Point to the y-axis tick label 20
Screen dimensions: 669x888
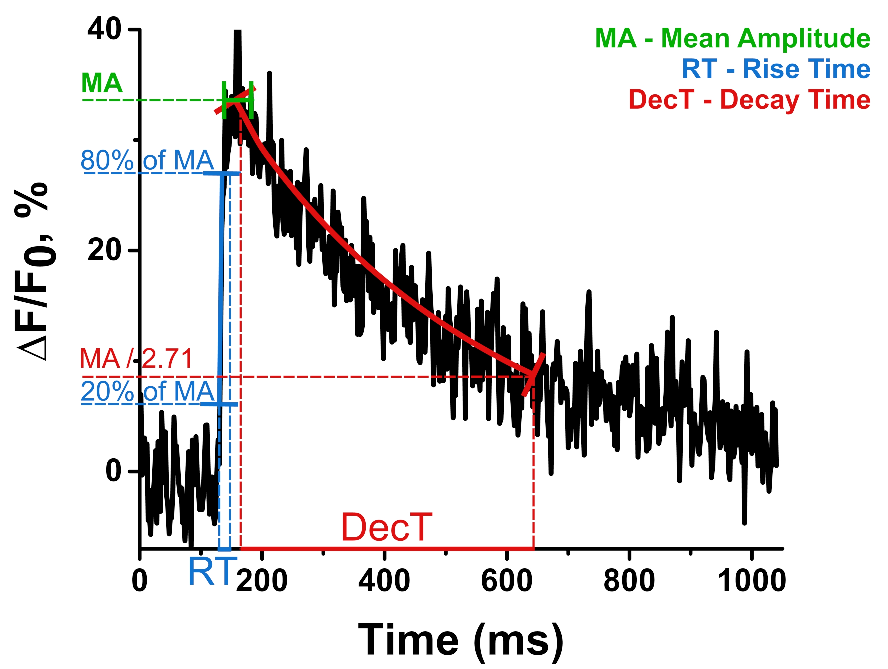pyautogui.click(x=104, y=250)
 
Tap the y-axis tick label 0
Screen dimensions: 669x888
pyautogui.click(x=113, y=471)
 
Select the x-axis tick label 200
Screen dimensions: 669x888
pyautogui.click(x=262, y=581)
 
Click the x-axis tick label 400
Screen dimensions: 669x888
pyautogui.click(x=384, y=581)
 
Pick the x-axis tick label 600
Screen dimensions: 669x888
pyautogui.click(x=507, y=581)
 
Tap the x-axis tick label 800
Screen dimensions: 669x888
pyautogui.click(x=629, y=581)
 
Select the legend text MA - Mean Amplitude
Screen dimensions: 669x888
pyautogui.click(x=733, y=39)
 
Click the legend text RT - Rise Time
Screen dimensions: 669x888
pyautogui.click(x=776, y=69)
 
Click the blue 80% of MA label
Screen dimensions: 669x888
pyautogui.click(x=147, y=161)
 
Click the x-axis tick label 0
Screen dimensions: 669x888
pyautogui.click(x=140, y=581)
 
